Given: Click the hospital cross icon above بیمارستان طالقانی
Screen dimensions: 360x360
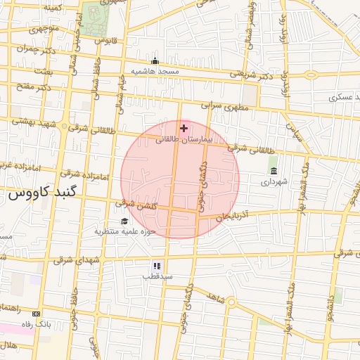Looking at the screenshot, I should pyautogui.click(x=184, y=128).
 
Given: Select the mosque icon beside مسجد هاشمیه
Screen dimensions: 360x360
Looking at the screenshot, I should pyautogui.click(x=155, y=61).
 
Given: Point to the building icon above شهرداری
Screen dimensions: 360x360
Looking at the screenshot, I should pyautogui.click(x=273, y=171).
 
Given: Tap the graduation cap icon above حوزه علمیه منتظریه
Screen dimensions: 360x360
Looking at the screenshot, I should pyautogui.click(x=124, y=221).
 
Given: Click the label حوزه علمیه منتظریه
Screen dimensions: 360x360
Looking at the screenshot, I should pyautogui.click(x=125, y=231).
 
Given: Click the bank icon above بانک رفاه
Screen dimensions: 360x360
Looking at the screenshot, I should pyautogui.click(x=37, y=314).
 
